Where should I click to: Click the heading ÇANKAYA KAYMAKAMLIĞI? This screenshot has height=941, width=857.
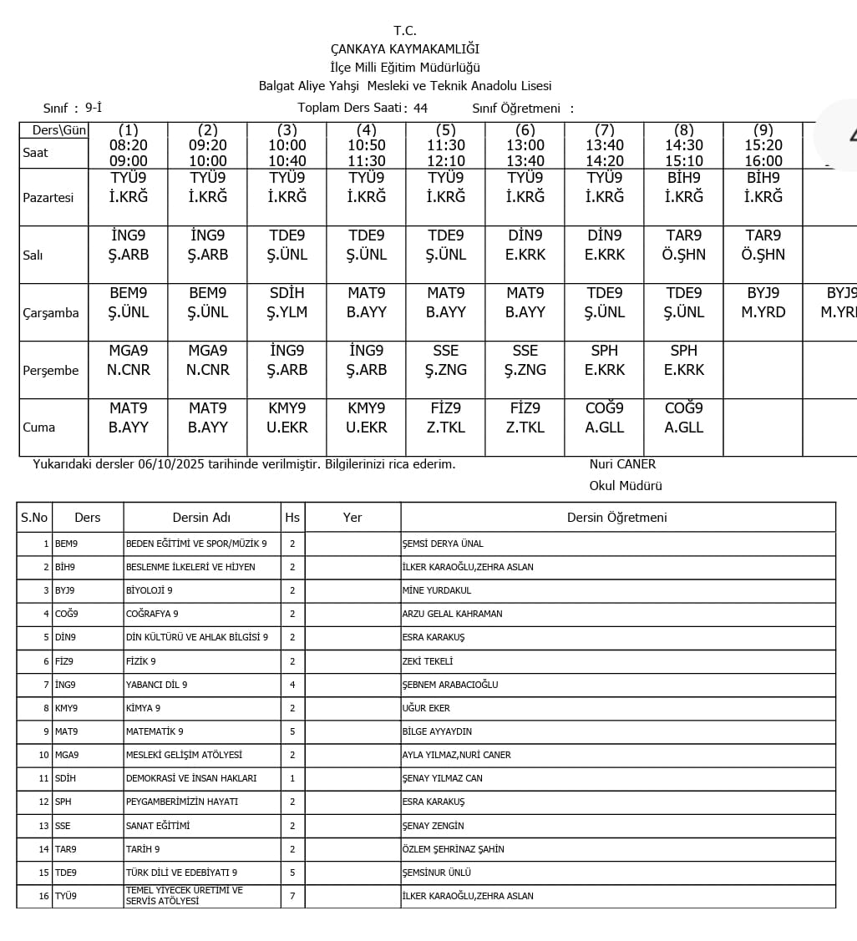[x=405, y=49]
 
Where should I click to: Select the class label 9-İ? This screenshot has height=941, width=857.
[x=94, y=108]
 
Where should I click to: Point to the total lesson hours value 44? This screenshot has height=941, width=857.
[x=420, y=108]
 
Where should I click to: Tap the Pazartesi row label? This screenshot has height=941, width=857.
[x=48, y=198]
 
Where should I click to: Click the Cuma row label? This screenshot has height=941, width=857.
[x=39, y=427]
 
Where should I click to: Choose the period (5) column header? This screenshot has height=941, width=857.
[x=446, y=130]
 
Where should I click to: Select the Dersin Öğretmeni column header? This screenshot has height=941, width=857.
[x=616, y=518]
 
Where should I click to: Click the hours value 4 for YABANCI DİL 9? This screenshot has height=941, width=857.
[x=292, y=685]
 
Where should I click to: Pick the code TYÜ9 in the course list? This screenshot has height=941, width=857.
[x=66, y=897]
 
